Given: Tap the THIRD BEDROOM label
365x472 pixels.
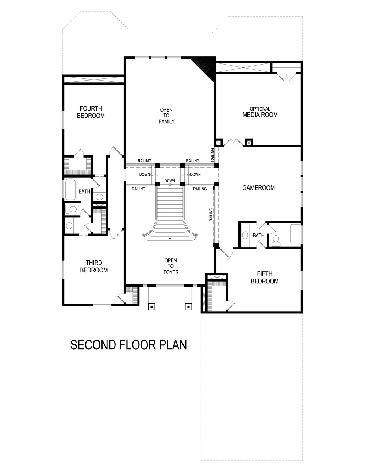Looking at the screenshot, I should click(x=94, y=266).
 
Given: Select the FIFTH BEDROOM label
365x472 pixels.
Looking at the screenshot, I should click(x=265, y=278).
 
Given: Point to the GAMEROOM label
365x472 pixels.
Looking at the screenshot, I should click(x=258, y=188).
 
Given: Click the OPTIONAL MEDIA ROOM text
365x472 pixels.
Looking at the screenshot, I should click(x=260, y=112).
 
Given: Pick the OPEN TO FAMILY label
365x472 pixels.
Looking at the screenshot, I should click(x=166, y=116).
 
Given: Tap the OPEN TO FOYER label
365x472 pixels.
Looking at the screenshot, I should click(x=171, y=266).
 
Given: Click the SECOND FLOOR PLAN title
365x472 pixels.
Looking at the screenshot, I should click(x=128, y=345).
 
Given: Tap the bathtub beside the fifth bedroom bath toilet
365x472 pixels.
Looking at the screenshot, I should click(x=295, y=235).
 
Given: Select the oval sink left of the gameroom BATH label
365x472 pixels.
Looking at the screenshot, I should click(x=246, y=235).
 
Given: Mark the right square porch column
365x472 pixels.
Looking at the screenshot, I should click(x=188, y=306).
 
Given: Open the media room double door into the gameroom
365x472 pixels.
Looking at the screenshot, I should click(x=233, y=142).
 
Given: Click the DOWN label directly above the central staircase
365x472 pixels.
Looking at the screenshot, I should click(x=170, y=181).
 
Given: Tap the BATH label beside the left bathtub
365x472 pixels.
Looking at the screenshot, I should click(x=84, y=191).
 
